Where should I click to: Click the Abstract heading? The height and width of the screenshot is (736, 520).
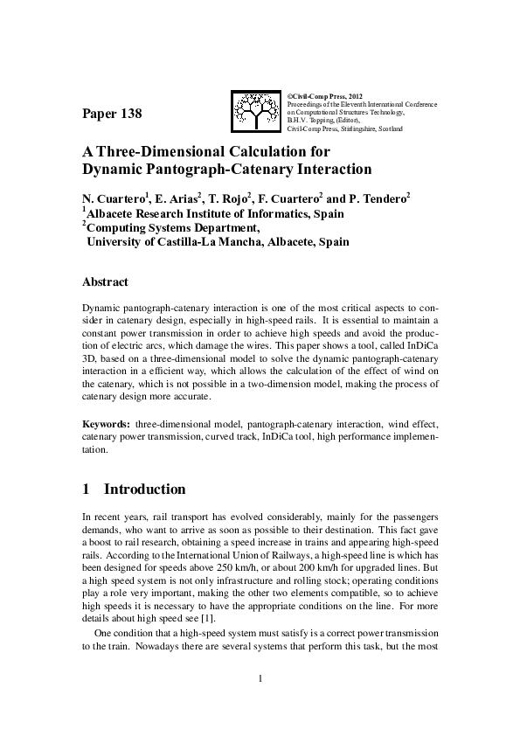[x=105, y=282]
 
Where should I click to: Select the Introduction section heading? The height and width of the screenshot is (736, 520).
[x=144, y=490]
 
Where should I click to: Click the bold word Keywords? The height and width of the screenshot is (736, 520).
[x=106, y=424]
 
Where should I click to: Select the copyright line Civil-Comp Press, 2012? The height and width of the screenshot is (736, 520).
[x=324, y=94]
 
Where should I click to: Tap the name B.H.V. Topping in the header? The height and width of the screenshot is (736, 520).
[x=311, y=120]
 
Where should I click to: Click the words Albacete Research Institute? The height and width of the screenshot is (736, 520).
[x=163, y=213]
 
